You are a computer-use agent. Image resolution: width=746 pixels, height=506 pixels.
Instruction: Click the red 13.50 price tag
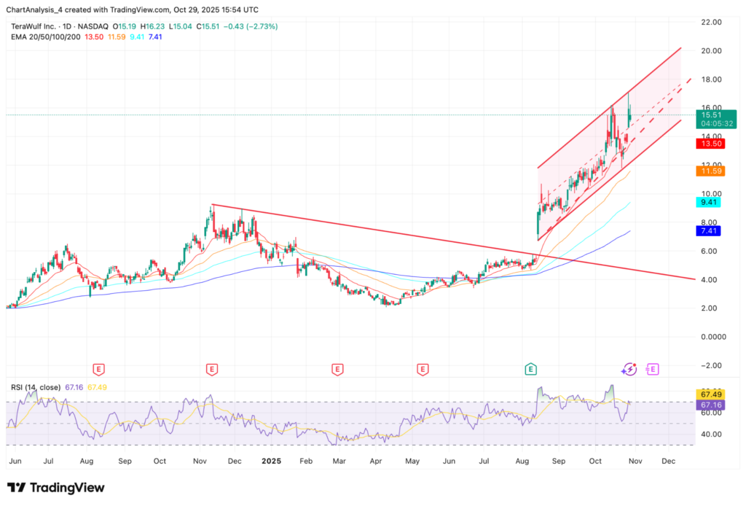(x=712, y=144)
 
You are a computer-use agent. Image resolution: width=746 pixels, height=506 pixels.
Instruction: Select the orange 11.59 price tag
(x=712, y=171)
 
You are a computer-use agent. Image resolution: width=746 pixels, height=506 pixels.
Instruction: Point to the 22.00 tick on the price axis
(x=710, y=23)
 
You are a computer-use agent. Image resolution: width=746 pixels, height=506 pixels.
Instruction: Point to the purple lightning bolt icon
(x=631, y=370)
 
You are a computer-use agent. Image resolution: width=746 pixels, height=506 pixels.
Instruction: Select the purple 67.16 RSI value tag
(x=712, y=404)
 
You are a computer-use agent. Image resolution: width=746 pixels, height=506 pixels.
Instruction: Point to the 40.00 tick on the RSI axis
(x=710, y=434)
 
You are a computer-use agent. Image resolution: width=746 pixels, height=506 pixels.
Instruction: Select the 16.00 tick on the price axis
(x=710, y=108)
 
